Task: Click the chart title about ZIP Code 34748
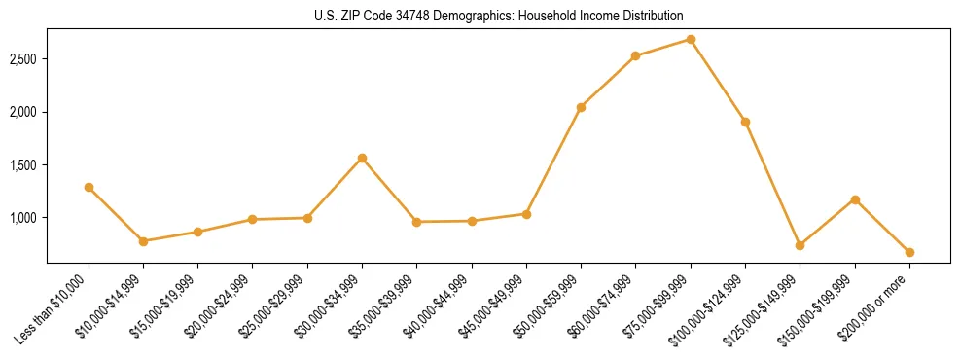pos(499,16)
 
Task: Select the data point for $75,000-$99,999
pos(691,39)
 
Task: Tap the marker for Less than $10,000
pos(89,187)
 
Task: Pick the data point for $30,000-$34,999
pos(362,158)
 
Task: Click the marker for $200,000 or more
pos(909,252)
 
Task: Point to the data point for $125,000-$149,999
pos(800,245)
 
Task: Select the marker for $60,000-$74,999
pos(635,55)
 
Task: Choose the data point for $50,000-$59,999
pos(581,107)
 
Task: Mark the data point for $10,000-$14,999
pos(143,241)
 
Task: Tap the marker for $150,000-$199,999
pos(855,199)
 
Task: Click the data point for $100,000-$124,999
pos(745,122)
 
